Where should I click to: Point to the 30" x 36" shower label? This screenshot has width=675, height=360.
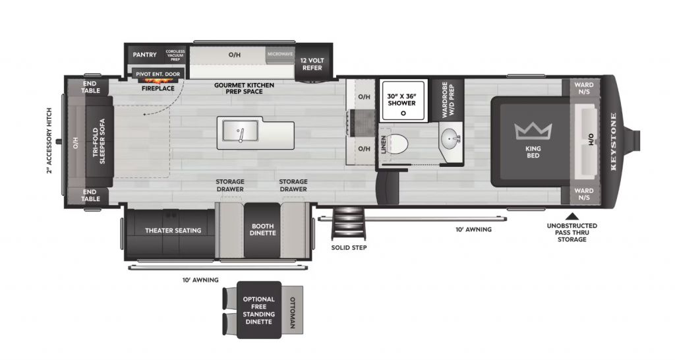tap(401, 99)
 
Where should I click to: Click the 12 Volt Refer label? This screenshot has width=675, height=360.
tap(312, 63)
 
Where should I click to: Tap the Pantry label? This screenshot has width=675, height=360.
tap(144, 55)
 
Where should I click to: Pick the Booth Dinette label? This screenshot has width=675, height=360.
tap(262, 230)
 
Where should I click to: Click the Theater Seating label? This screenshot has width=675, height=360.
tap(173, 230)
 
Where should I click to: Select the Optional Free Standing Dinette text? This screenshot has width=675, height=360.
tap(259, 311)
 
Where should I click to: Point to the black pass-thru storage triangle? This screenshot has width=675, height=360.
tap(573, 215)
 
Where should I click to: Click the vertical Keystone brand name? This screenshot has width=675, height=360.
tap(614, 142)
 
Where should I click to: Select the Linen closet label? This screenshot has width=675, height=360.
tap(384, 146)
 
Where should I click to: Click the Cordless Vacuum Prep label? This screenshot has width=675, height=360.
tap(176, 55)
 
